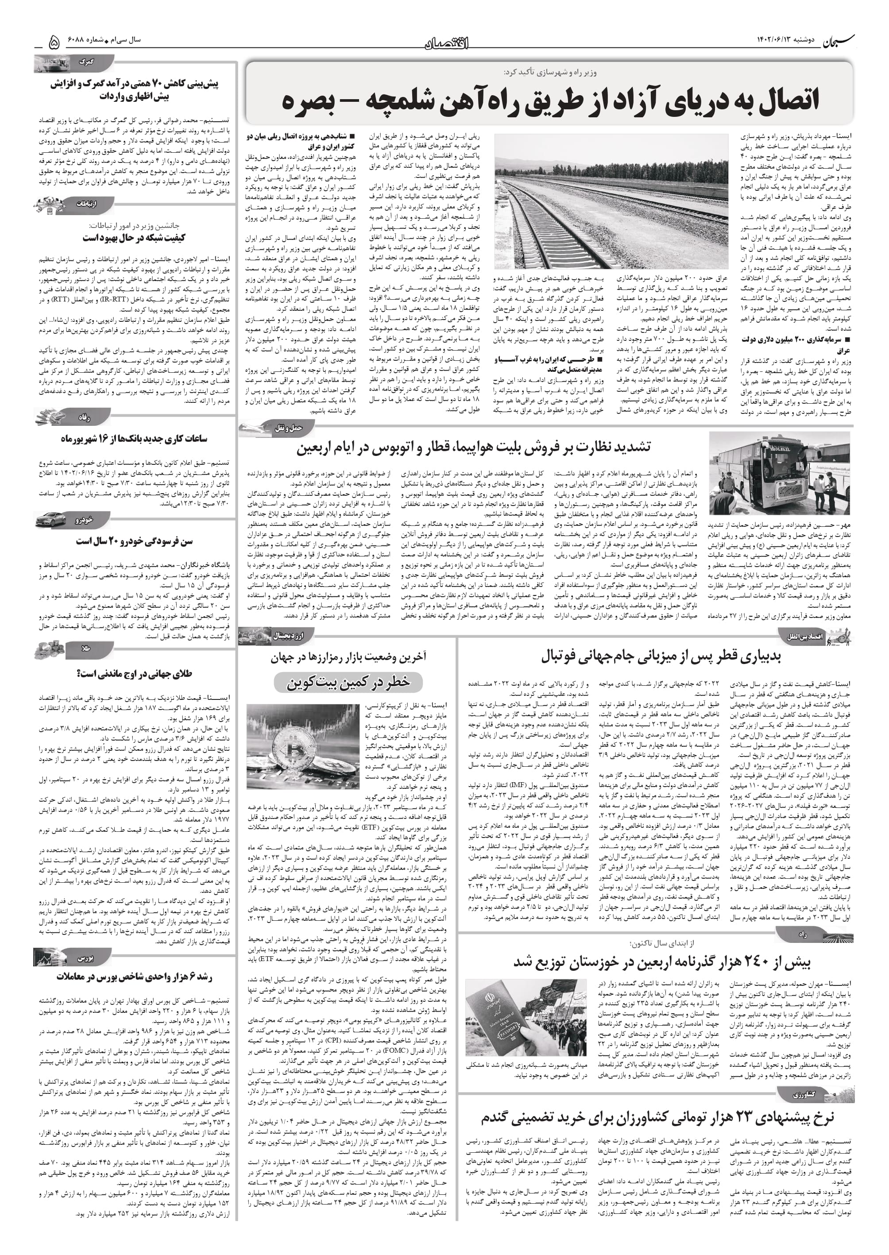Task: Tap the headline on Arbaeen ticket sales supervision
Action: [474, 447]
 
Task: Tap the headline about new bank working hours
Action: [134, 438]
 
